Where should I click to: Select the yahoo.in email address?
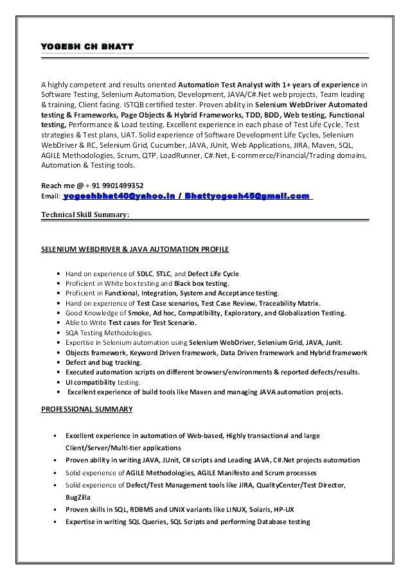tap(119, 196)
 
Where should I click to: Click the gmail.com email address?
tap(247, 196)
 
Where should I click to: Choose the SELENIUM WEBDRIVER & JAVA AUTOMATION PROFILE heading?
tap(135, 249)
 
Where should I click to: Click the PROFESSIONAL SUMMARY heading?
tap(87, 409)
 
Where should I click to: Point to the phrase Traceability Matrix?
tap(289, 303)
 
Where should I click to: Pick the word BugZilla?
tap(78, 497)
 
